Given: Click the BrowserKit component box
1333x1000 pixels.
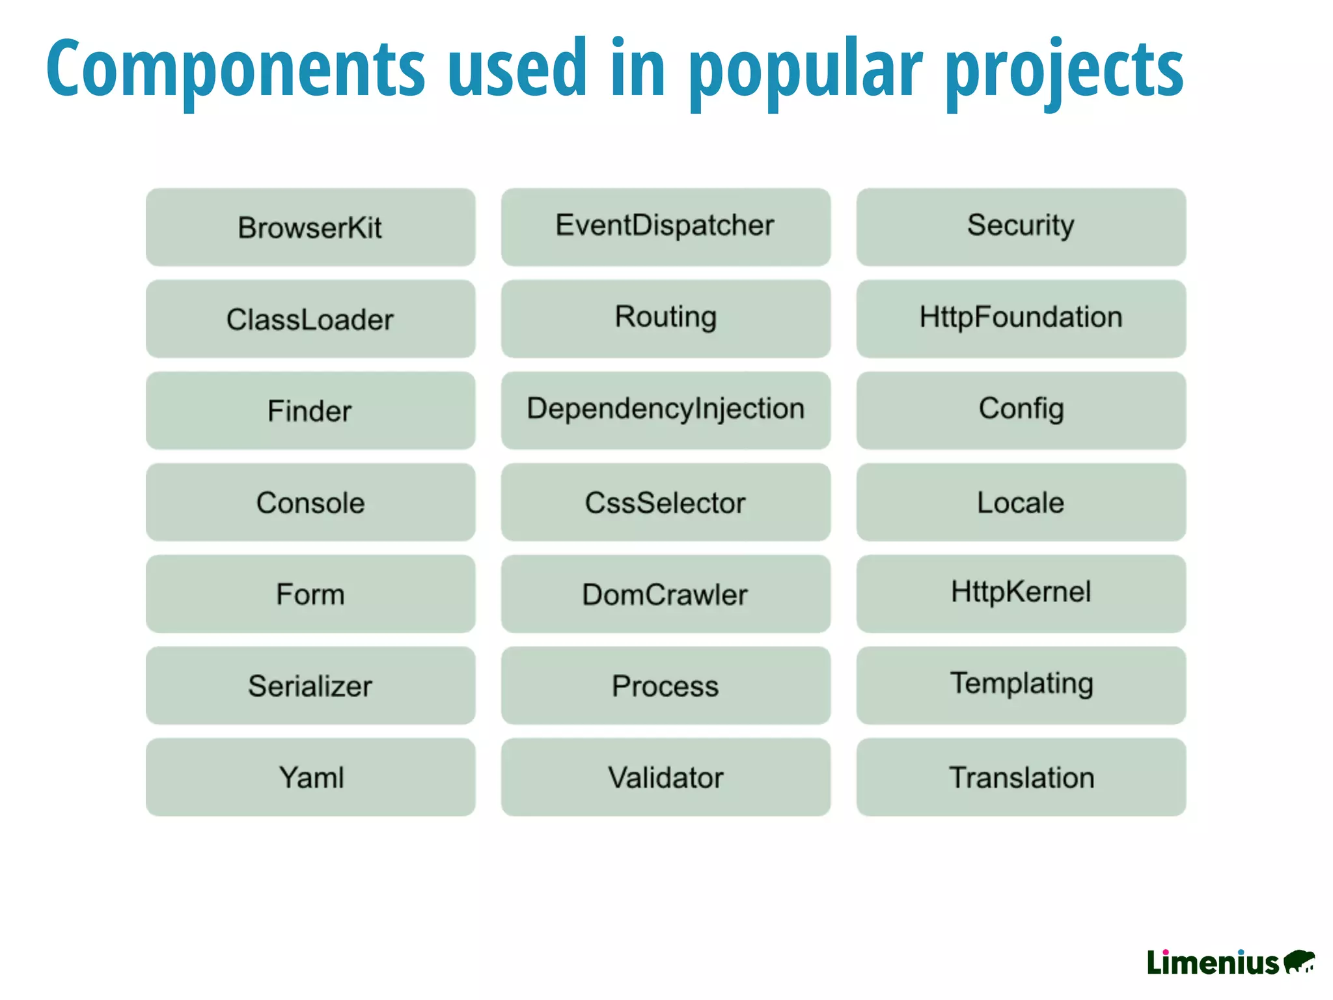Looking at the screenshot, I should pyautogui.click(x=310, y=227).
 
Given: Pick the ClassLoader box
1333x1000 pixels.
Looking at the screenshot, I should pyautogui.click(x=310, y=319).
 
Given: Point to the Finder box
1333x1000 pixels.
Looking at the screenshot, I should pyautogui.click(x=310, y=411).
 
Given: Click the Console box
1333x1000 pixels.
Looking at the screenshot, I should pyautogui.click(x=310, y=503).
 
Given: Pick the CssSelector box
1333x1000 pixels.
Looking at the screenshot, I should pyautogui.click(x=665, y=503).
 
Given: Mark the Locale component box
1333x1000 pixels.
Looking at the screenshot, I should pyautogui.click(x=1021, y=503).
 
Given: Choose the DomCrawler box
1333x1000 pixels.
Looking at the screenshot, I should pyautogui.click(x=665, y=594).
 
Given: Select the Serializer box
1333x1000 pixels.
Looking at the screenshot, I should pyautogui.click(x=310, y=686).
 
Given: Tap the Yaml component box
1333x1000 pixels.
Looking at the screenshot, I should pyautogui.click(x=310, y=777).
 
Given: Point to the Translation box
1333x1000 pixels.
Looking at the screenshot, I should pyautogui.click(x=1021, y=777).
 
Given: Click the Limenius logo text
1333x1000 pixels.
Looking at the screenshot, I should pyautogui.click(x=1213, y=963).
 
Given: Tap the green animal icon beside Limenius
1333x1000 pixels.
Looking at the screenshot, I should pyautogui.click(x=1299, y=962).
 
